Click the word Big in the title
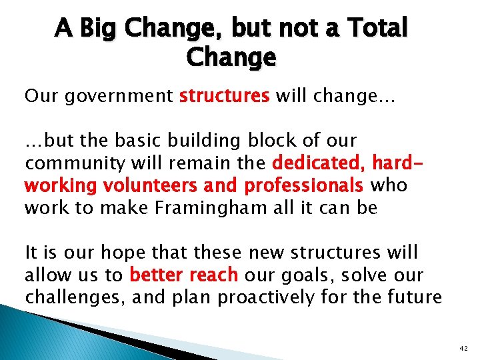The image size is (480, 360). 101,29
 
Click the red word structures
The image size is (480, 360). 224,96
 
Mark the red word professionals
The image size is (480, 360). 303,185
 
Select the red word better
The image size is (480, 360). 160,275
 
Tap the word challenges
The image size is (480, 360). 73,297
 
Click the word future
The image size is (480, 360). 417,297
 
